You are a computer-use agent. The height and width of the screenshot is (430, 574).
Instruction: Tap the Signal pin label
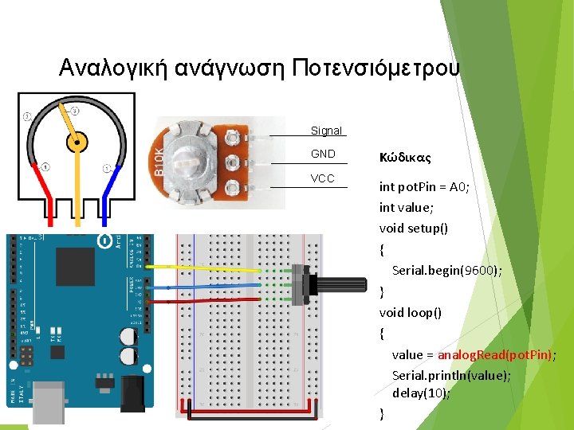coord(326,131)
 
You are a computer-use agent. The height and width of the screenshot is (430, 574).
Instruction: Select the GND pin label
coord(323,154)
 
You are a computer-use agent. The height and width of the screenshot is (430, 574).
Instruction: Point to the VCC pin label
coord(323,178)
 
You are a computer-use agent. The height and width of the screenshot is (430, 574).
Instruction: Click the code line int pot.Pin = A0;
coord(424,187)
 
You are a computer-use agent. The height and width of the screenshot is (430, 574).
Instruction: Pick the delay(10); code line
coord(421,393)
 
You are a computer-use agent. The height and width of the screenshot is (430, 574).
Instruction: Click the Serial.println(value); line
coord(451,374)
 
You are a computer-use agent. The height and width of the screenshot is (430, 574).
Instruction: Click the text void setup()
coord(413,229)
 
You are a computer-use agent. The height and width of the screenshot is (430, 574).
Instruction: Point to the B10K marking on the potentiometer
coord(159,161)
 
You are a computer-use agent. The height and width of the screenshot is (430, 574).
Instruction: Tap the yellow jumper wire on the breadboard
coord(215,267)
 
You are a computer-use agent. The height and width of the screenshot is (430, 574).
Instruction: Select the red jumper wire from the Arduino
coord(215,301)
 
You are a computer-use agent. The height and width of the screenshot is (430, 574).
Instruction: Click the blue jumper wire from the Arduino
coord(215,284)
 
